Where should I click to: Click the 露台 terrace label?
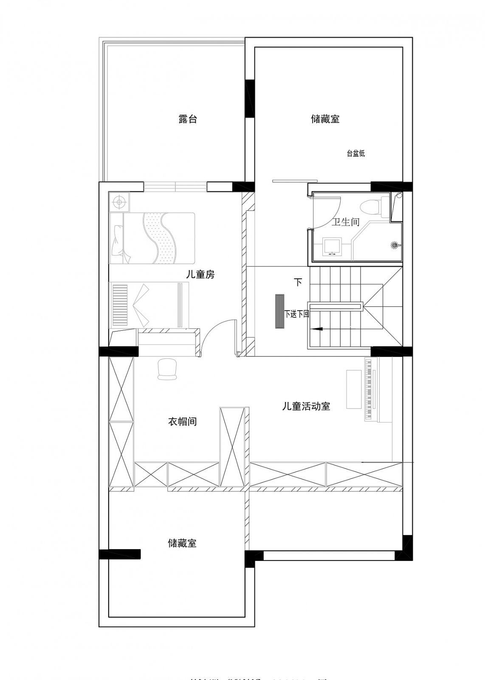[187, 119]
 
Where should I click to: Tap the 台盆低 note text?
[355, 154]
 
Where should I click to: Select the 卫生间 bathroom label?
[345, 222]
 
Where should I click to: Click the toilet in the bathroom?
[370, 208]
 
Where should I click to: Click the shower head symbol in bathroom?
[395, 245]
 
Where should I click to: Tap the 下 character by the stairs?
[298, 282]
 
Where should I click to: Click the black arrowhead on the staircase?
[316, 329]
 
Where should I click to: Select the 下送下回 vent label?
[296, 314]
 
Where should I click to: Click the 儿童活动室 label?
[306, 406]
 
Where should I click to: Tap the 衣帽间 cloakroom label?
[182, 422]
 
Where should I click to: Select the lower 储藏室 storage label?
[182, 543]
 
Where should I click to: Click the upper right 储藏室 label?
[325, 119]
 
